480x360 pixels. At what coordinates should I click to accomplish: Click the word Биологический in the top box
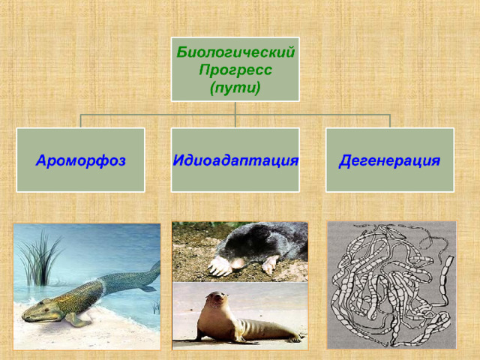pos(235,52)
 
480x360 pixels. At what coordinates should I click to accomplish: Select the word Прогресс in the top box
pos(235,70)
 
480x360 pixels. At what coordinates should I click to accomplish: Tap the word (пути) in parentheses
pos(235,88)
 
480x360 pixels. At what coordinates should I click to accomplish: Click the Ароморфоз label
pos(80,160)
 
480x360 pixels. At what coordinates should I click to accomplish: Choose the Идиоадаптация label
pos(235,160)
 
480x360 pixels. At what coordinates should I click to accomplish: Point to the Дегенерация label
pos(389,160)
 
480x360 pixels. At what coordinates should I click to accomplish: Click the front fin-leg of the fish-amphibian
pos(76,320)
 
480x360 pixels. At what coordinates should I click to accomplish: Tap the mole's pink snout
pos(237,262)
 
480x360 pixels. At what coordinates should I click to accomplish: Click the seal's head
pos(217,299)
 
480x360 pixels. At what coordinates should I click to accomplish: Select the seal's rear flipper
pos(294,337)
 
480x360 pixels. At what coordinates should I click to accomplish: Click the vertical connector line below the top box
pos(235,114)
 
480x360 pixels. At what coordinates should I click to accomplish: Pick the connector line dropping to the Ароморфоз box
pos(81,121)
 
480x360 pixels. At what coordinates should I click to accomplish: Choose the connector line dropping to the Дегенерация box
pos(390,121)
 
